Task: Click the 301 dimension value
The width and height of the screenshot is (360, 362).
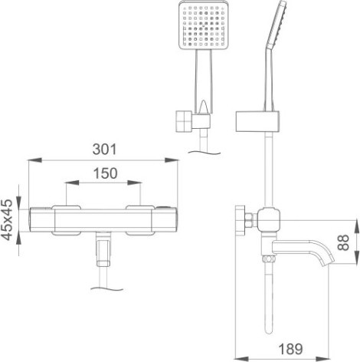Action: (104, 150)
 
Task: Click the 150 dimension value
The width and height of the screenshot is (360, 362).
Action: (105, 173)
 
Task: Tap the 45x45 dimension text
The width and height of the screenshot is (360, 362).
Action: (7, 220)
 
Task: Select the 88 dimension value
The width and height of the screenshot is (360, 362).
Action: (343, 242)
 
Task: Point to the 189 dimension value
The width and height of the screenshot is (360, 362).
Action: (290, 349)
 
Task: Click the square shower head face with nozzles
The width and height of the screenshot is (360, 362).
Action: (203, 25)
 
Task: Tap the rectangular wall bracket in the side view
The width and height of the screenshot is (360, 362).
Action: (257, 121)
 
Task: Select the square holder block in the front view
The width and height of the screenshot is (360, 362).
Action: (184, 121)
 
